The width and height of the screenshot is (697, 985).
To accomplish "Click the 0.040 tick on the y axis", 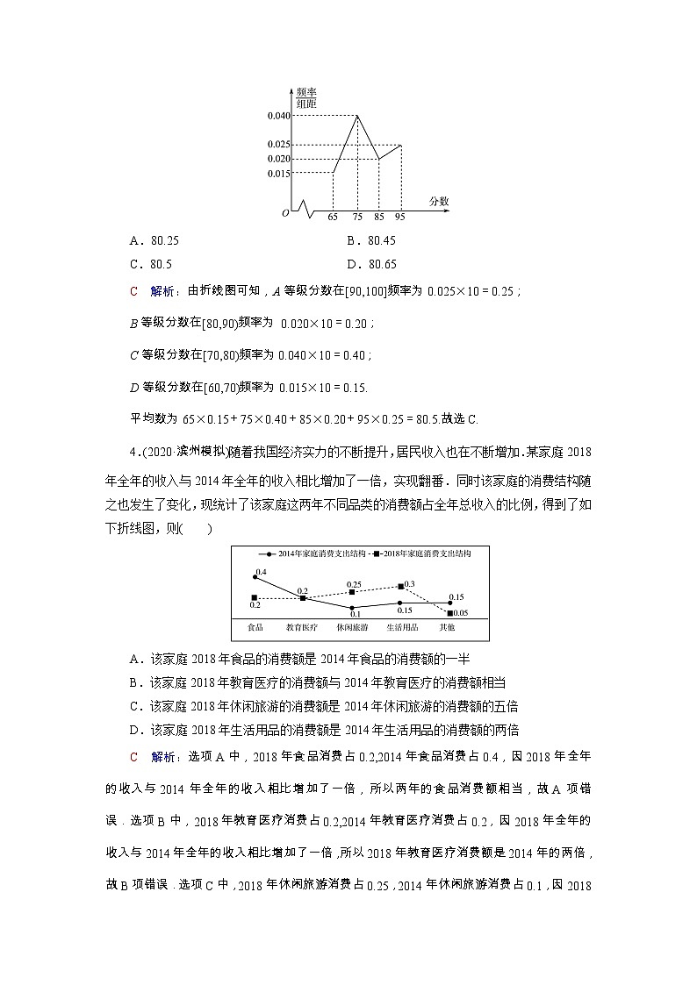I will [x=278, y=116].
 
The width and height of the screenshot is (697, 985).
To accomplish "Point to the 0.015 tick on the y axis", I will [x=278, y=173].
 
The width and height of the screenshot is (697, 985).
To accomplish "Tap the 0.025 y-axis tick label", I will [x=278, y=145].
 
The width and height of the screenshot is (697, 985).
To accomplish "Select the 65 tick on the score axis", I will [x=333, y=216].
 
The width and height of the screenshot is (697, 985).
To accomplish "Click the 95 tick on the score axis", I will [x=400, y=216].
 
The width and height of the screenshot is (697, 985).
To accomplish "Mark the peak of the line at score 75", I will [x=356, y=116].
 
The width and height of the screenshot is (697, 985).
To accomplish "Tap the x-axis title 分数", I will [x=439, y=201].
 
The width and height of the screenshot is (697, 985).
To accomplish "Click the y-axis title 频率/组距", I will [x=305, y=97].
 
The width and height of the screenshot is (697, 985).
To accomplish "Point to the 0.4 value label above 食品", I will [x=260, y=570].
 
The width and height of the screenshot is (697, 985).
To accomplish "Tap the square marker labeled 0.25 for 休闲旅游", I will [x=352, y=592].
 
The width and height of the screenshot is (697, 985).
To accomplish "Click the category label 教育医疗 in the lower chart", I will [x=302, y=628].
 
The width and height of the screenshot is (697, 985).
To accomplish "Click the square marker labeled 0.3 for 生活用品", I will [x=401, y=586].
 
